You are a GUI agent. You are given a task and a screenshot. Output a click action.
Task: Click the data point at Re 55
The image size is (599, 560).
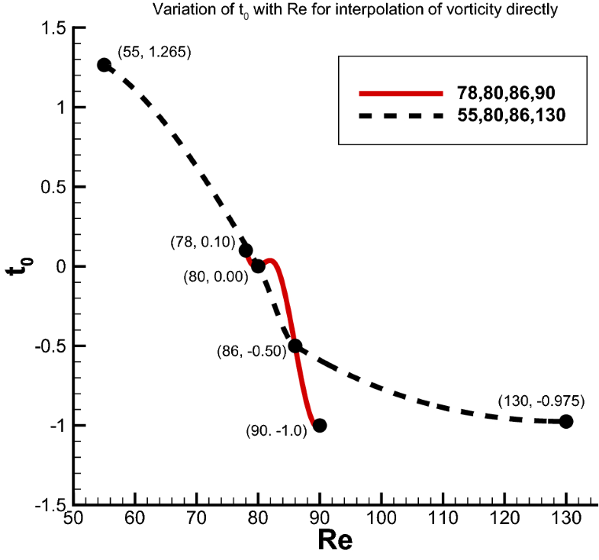click(x=104, y=65)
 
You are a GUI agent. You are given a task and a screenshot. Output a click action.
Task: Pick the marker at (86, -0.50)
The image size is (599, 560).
click(x=295, y=346)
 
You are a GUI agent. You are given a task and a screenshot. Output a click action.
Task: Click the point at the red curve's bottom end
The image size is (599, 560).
click(x=320, y=425)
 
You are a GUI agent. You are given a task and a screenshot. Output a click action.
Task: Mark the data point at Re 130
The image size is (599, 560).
click(x=566, y=421)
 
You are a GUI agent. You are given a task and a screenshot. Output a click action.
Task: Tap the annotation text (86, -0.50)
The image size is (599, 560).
click(x=250, y=351)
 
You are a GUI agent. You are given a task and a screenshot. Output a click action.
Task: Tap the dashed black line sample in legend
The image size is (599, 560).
click(x=400, y=116)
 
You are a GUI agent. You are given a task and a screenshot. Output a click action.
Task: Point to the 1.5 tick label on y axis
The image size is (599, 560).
click(x=53, y=28)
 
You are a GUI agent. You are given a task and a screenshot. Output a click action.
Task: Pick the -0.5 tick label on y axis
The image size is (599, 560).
click(x=49, y=346)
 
